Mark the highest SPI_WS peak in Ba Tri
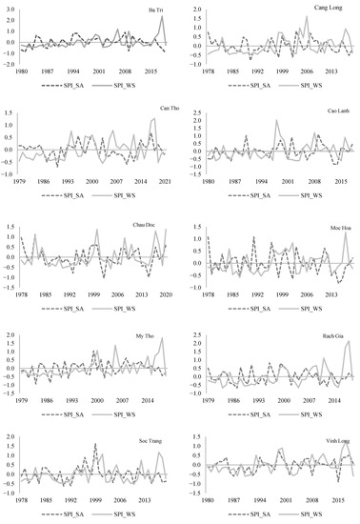[162, 16]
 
